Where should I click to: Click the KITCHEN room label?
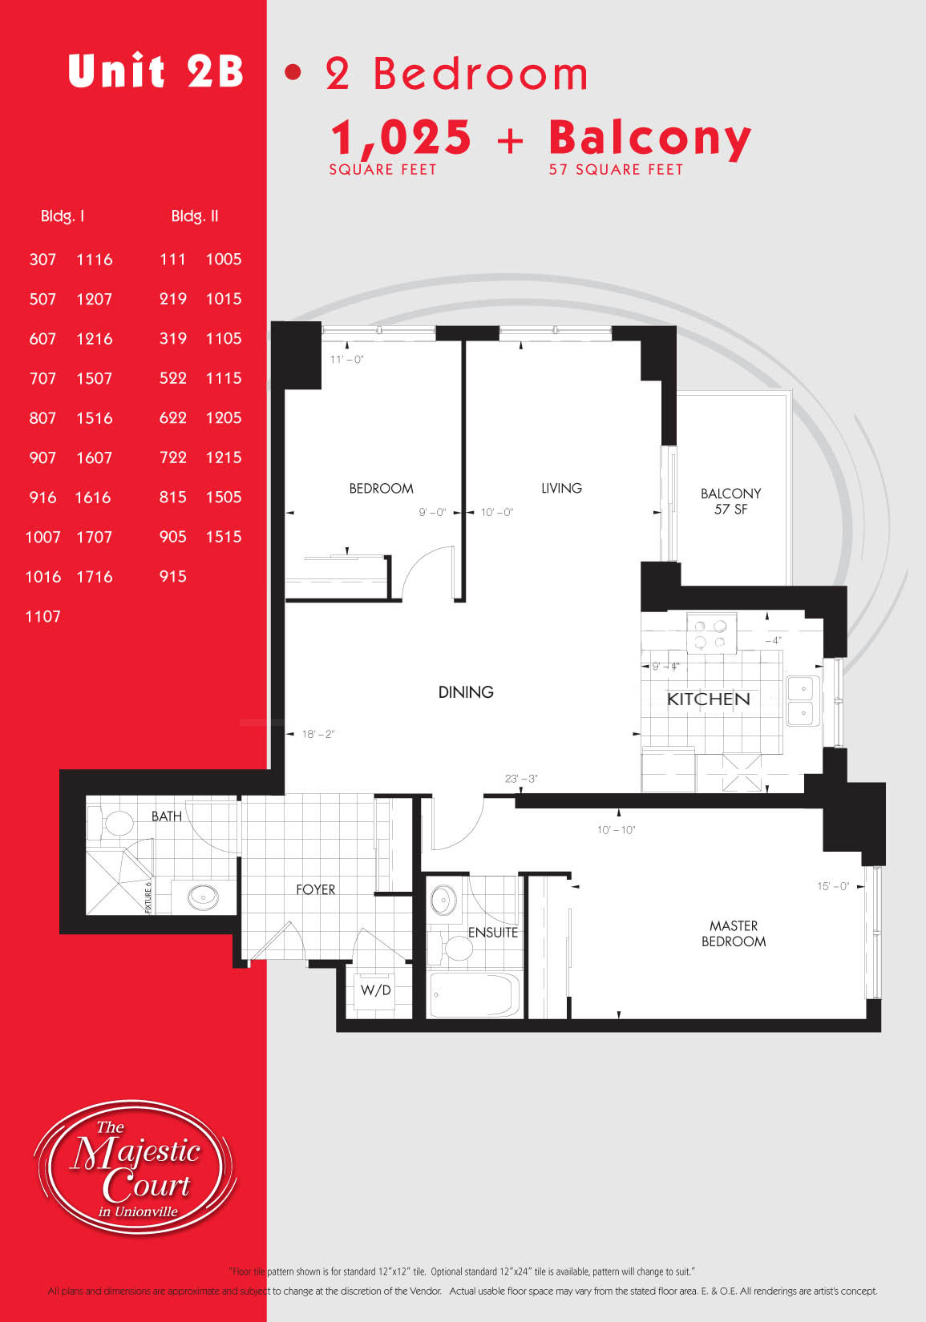pos(708,699)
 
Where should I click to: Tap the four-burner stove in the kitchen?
pos(711,633)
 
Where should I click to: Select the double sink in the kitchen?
pos(803,700)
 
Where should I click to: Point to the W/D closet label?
pos(375,989)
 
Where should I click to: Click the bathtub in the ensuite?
pos(475,994)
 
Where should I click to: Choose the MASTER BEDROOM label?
pos(734,933)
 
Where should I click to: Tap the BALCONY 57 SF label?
pos(730,501)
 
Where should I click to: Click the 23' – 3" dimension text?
pos(521,779)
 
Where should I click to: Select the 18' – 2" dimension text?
pos(318,734)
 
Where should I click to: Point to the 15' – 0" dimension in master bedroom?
pos(833,886)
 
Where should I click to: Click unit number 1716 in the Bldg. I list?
pos(95,577)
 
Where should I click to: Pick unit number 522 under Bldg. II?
pos(173,377)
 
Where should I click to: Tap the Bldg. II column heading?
pos(195,216)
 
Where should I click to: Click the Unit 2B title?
pos(156,71)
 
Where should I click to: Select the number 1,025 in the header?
pos(401,138)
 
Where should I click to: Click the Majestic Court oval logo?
pos(135,1167)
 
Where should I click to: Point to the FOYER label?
pos(315,889)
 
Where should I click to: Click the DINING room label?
pos(466,692)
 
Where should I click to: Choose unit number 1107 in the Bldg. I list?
pos(42,617)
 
